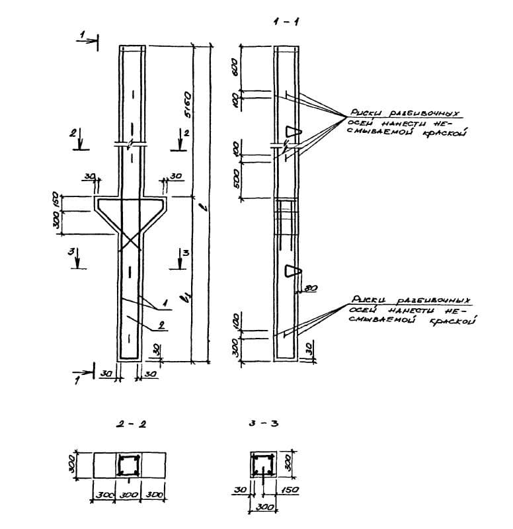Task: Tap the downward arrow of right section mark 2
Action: pos(182,142)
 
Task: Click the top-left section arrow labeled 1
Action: pos(88,40)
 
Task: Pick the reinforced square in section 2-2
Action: pos(128,465)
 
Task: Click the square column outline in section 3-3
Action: pos(261,465)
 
